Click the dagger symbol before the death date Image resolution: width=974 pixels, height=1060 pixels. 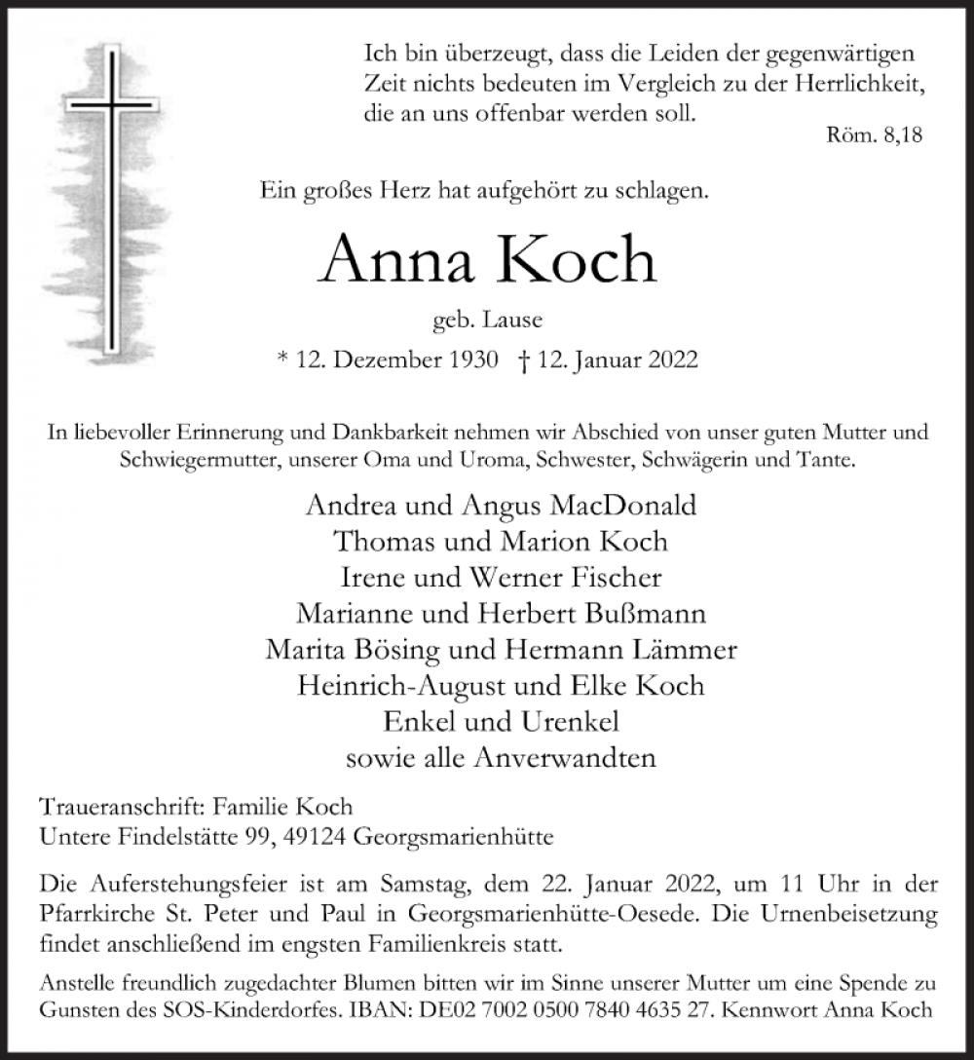526,360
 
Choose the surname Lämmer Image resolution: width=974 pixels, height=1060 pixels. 678,649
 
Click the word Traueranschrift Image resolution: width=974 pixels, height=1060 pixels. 108,808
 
